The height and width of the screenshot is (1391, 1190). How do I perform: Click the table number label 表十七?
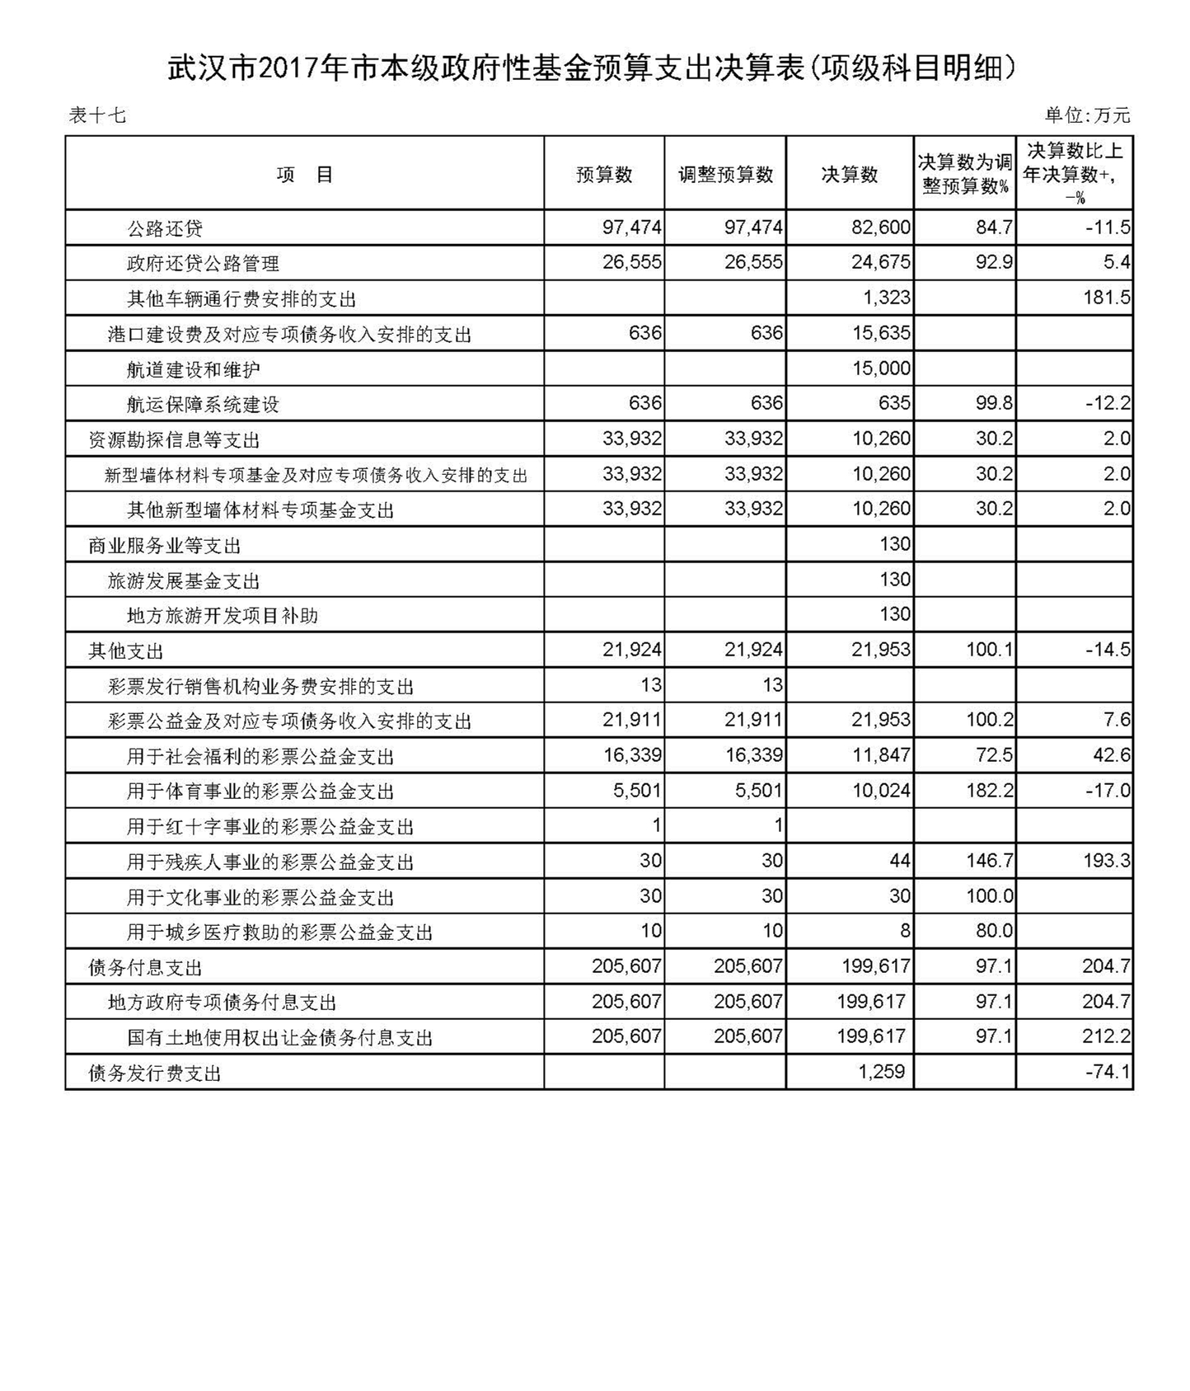coord(97,115)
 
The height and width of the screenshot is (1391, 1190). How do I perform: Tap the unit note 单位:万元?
coord(1087,115)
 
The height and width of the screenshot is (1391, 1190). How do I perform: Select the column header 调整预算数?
coord(725,175)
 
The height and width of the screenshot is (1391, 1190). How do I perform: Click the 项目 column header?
coord(304,175)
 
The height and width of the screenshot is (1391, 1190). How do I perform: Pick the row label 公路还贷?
coord(165,228)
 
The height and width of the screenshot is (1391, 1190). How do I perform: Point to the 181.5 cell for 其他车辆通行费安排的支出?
coord(1106,298)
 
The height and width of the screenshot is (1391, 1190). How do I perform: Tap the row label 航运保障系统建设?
coord(203,405)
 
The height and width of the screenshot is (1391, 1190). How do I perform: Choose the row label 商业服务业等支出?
coord(165,546)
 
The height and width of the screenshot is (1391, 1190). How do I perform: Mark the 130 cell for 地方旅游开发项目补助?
coord(894,615)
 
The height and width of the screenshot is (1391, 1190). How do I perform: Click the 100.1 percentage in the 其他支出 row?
coord(989,651)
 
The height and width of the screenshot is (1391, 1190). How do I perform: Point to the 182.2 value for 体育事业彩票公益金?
coord(989,792)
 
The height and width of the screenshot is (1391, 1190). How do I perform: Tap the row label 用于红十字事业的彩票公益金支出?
coord(269,827)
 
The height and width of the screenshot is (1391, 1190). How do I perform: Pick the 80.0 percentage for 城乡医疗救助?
coord(994,932)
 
